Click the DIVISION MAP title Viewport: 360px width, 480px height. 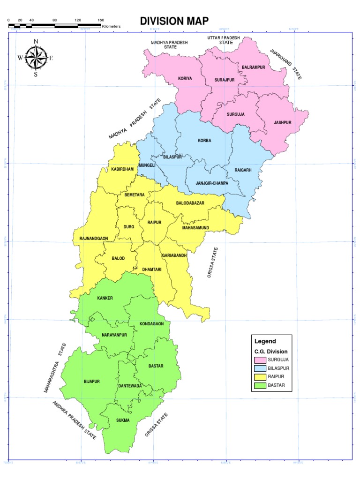click(174, 21)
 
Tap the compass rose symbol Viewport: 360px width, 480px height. click(36, 58)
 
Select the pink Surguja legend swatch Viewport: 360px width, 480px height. click(260, 360)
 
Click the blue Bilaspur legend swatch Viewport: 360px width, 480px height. click(260, 368)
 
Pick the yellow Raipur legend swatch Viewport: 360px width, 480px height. click(260, 377)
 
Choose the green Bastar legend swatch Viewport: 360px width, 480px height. click(260, 385)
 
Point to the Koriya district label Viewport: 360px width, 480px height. click(185, 79)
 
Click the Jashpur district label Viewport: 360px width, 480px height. click(283, 123)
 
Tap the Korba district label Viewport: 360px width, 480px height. click(204, 141)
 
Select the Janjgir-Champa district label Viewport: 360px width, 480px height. click(212, 183)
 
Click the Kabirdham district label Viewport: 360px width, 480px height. click(122, 169)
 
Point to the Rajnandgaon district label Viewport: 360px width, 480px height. click(94, 239)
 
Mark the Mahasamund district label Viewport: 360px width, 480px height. click(195, 228)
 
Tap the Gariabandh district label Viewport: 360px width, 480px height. click(174, 255)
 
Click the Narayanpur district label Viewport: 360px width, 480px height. click(114, 335)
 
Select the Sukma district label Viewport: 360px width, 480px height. click(123, 420)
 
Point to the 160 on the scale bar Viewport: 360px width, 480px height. click(101, 20)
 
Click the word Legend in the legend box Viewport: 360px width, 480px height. click(265, 341)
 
